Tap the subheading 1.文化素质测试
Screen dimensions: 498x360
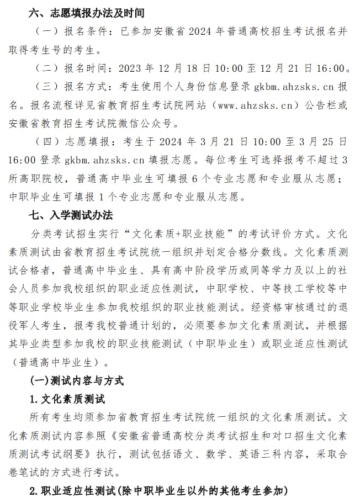point(67,399)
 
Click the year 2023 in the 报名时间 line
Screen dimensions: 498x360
point(130,68)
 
